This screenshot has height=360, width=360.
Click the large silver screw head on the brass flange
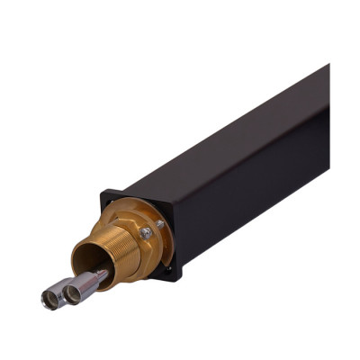(x=146, y=232)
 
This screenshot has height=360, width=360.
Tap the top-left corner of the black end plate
(x=106, y=191)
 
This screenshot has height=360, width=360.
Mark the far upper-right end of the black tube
(x=326, y=70)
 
